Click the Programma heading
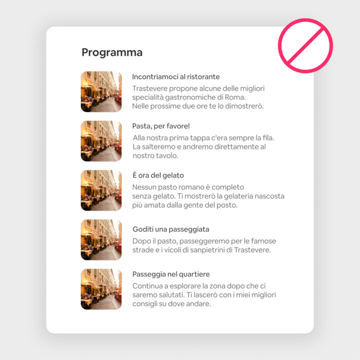(x=112, y=52)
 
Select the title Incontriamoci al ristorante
(x=175, y=77)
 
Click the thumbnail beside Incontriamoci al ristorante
(x=101, y=91)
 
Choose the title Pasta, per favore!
(x=161, y=126)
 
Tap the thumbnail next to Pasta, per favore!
(x=101, y=141)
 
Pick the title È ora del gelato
(x=158, y=175)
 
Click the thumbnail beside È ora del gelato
(x=101, y=190)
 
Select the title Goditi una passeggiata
(x=170, y=229)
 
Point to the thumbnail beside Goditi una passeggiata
(x=101, y=240)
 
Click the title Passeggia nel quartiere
(x=171, y=274)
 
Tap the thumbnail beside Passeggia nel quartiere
(x=101, y=289)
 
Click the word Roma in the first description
(x=234, y=97)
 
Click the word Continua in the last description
(x=147, y=286)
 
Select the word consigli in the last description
(x=146, y=304)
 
